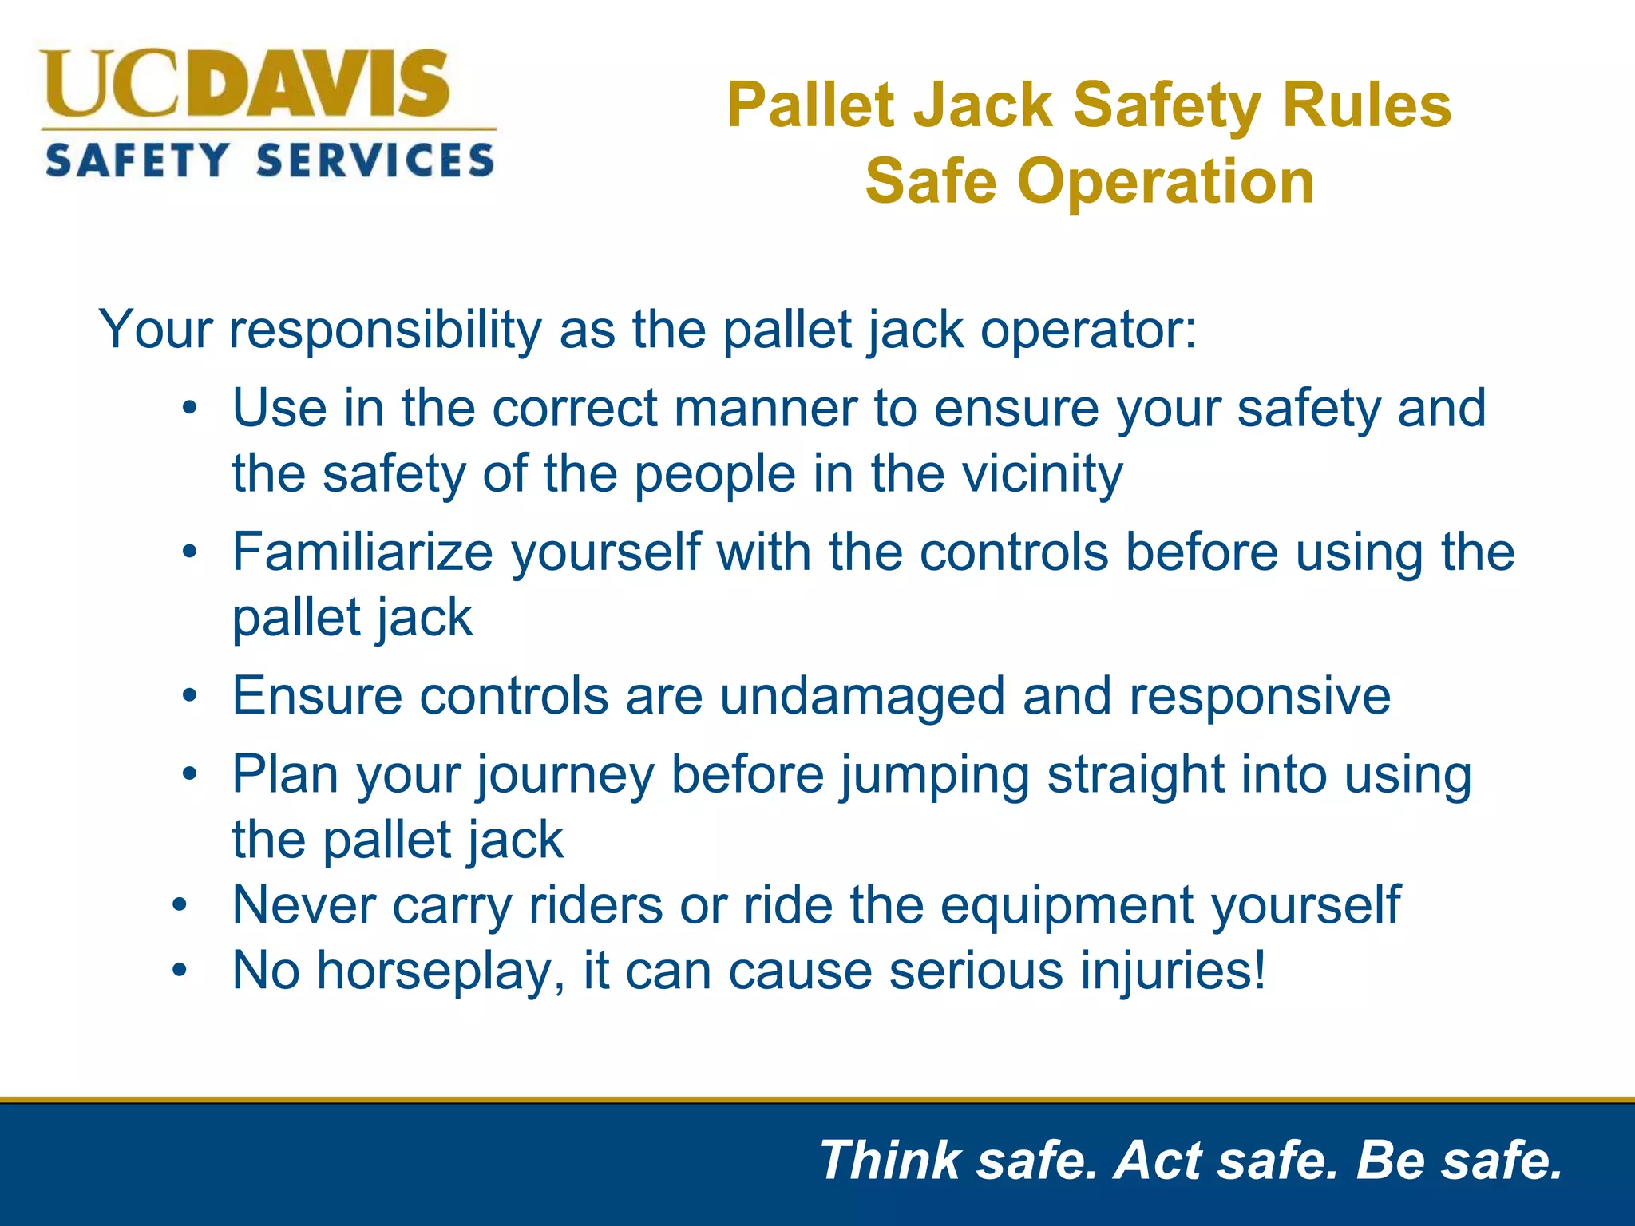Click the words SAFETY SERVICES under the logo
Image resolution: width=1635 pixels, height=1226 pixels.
coord(270,160)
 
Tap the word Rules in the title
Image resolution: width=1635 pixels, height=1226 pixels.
coord(1366,105)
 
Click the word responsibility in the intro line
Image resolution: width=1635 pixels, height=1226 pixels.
coord(386,330)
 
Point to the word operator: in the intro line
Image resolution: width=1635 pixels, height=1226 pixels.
coord(1088,330)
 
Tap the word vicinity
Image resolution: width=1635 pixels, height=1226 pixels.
coord(1042,474)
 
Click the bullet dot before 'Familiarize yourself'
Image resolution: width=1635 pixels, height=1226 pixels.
coord(189,552)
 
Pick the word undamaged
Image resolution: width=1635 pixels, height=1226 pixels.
coord(862,696)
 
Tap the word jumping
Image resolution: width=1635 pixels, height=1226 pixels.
coord(934,776)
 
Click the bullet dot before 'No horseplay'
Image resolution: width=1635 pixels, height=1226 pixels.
coord(180,971)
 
